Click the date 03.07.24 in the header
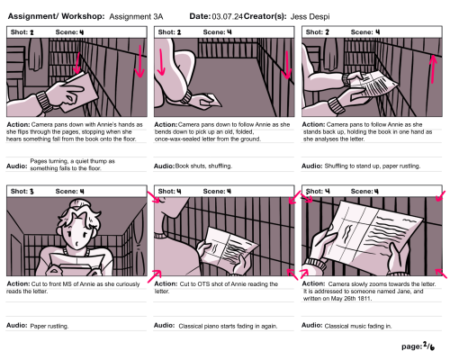coord(227,16)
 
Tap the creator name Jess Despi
coord(310,16)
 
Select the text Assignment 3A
coord(136,16)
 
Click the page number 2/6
coord(428,346)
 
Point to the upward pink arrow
coord(432,69)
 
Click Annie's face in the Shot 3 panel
coord(77,235)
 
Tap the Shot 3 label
coord(22,192)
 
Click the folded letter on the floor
coord(211,101)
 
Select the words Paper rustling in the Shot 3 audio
coord(49,326)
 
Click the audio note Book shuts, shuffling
coord(203,166)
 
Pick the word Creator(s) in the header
coord(265,16)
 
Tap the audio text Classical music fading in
coord(358,326)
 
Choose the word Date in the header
coord(200,16)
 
